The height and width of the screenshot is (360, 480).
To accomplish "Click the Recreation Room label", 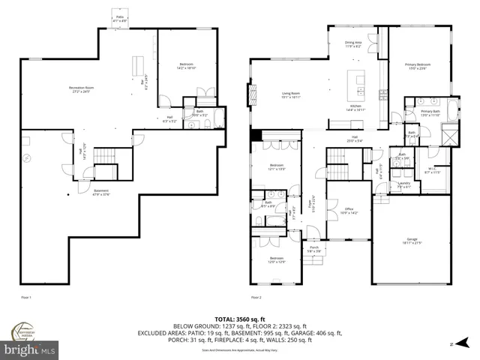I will point(85,89).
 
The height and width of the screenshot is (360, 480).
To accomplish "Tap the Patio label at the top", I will point(119,16).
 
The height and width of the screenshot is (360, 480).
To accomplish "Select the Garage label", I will point(412,241).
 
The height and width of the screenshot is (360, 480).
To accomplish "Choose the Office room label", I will point(348,211).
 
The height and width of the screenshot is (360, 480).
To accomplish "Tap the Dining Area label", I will point(352,44).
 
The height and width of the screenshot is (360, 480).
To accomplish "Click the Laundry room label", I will point(403,184).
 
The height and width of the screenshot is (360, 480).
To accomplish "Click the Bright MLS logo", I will point(30,349).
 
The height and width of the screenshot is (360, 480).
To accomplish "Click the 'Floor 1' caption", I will point(26,298).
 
